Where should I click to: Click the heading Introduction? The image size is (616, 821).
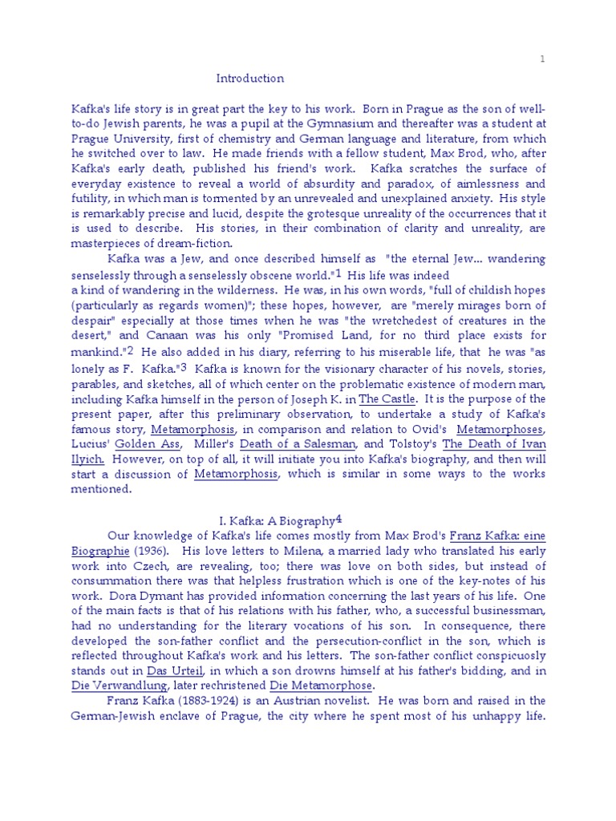(250, 79)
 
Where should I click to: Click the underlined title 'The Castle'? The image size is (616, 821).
(387, 398)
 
